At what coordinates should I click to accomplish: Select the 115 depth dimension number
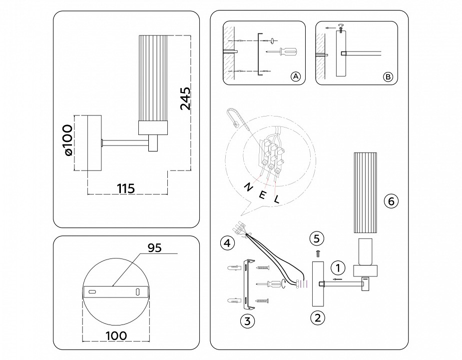[126, 188]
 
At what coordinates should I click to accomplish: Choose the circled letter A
[295, 76]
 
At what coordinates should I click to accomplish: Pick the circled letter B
[388, 76]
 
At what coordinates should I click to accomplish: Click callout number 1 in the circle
[338, 267]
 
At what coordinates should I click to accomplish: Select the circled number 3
[245, 321]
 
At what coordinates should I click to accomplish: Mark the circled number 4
[227, 243]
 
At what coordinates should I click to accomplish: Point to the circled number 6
[391, 201]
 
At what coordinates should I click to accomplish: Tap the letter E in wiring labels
[263, 194]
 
